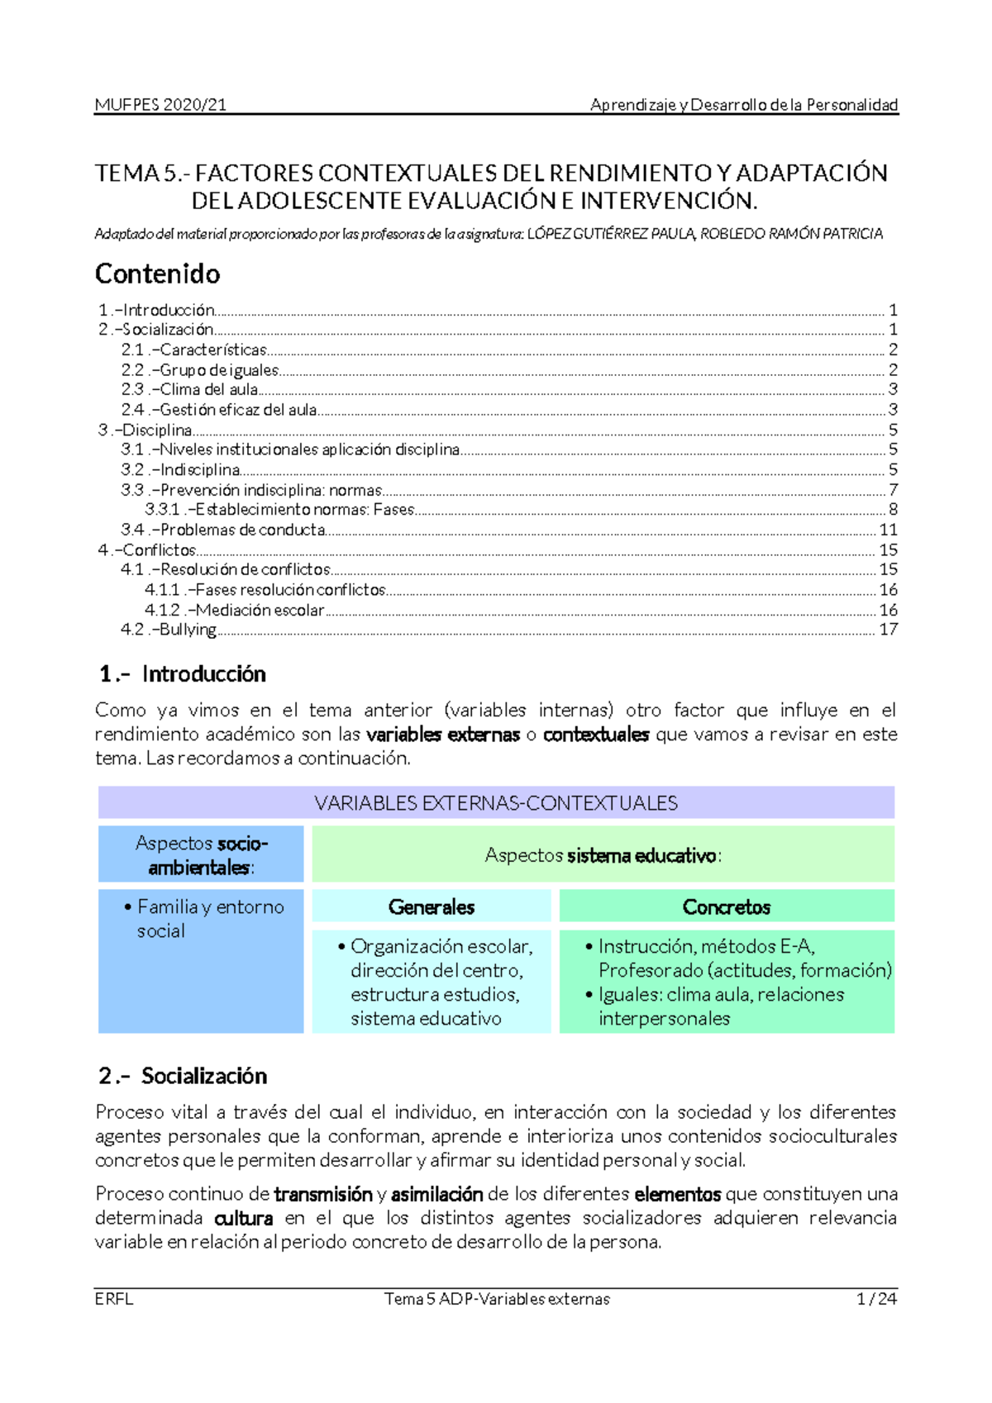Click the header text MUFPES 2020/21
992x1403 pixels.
[x=160, y=105]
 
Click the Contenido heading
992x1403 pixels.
[x=157, y=273]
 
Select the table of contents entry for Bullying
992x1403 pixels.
[x=188, y=630]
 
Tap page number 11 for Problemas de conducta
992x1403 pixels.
[x=888, y=530]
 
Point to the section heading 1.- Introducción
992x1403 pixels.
[x=182, y=674]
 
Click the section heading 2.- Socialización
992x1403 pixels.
[x=183, y=1076]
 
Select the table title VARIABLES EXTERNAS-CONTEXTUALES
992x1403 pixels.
[x=496, y=803]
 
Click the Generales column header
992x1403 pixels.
[x=431, y=907]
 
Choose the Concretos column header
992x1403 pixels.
[x=726, y=907]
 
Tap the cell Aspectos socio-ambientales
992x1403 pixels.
[x=201, y=855]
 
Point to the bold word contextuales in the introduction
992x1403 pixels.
[x=595, y=735]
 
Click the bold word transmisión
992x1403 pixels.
[x=323, y=1194]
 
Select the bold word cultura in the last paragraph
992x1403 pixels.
[x=243, y=1218]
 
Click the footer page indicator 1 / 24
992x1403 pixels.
[x=876, y=1299]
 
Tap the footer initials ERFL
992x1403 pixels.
[x=114, y=1299]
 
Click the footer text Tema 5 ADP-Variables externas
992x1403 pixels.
[x=497, y=1299]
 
